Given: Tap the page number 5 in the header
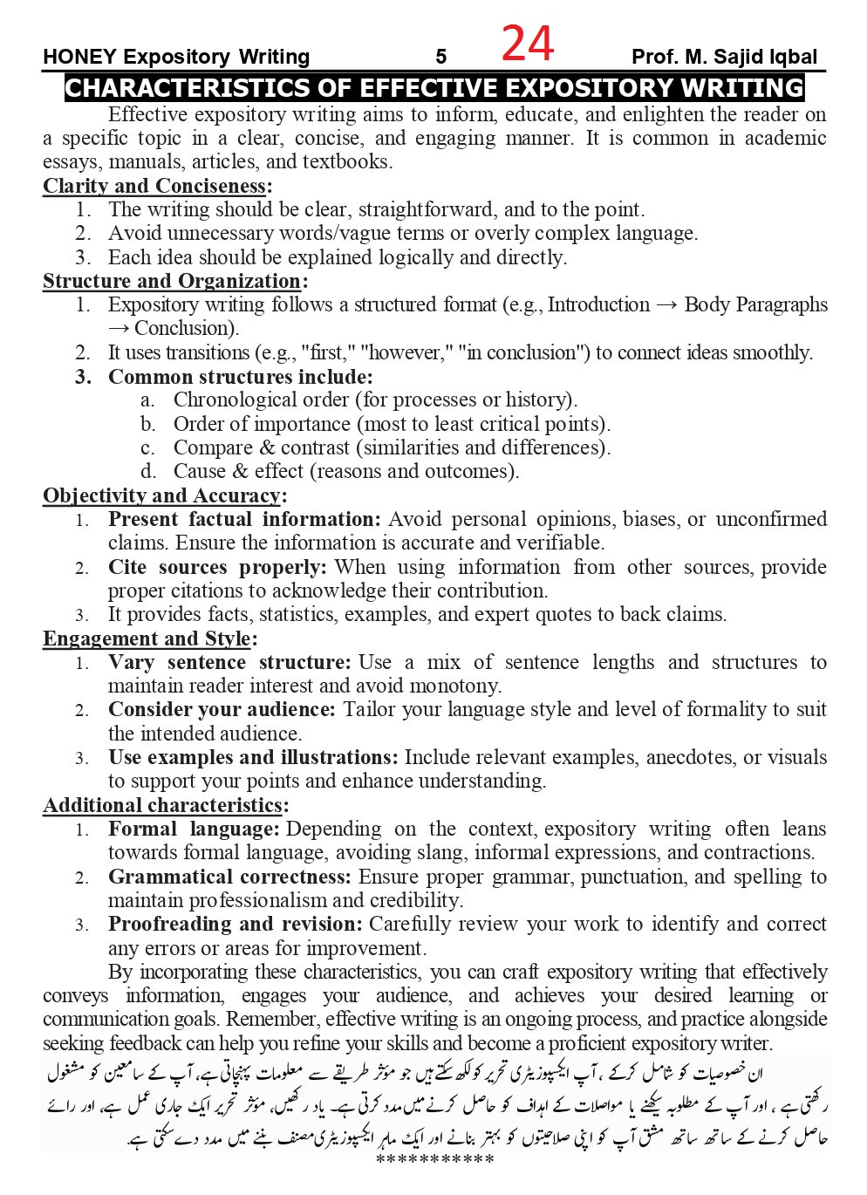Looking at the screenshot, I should [x=441, y=58].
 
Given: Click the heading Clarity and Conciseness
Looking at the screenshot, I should [x=154, y=186].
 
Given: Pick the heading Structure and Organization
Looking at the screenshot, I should [x=172, y=281].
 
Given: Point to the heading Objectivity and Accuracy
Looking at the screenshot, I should [x=161, y=495].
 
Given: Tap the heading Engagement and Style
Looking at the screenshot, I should [x=147, y=638].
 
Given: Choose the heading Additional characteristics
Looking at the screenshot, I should [x=162, y=805].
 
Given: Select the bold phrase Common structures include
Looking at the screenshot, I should [x=239, y=377].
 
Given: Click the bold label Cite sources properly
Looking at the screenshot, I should [x=216, y=567].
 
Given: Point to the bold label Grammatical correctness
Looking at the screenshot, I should [x=229, y=877].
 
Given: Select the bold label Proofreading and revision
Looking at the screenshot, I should [x=234, y=925].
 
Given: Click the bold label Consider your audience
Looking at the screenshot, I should [x=221, y=710].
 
